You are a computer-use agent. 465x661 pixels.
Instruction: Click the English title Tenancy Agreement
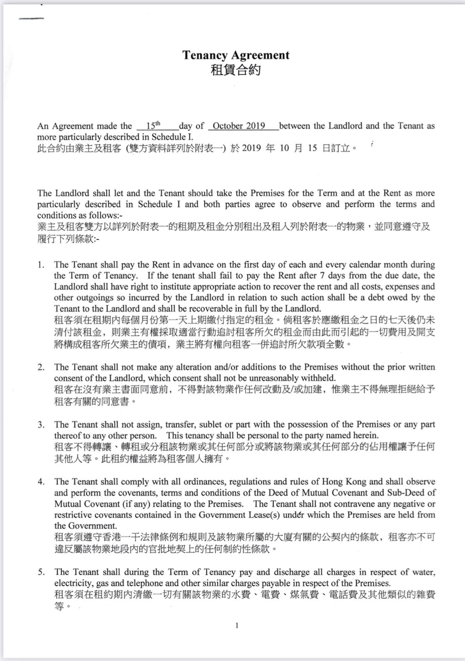[x=236, y=55]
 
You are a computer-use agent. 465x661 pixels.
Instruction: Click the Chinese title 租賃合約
[x=236, y=70]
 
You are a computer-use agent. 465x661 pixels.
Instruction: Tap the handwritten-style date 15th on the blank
[x=153, y=125]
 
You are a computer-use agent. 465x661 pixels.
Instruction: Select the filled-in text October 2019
[x=239, y=126]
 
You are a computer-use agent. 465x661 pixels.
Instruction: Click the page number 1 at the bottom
[x=237, y=626]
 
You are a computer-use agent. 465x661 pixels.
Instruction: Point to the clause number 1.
[x=40, y=265]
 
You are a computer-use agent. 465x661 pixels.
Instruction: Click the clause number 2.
[x=40, y=367]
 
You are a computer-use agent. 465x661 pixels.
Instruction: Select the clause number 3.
[x=40, y=425]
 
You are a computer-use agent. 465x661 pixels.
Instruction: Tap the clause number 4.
[x=40, y=482]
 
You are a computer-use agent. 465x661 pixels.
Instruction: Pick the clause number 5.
[x=40, y=572]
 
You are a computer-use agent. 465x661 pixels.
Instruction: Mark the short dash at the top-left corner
[x=31, y=19]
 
